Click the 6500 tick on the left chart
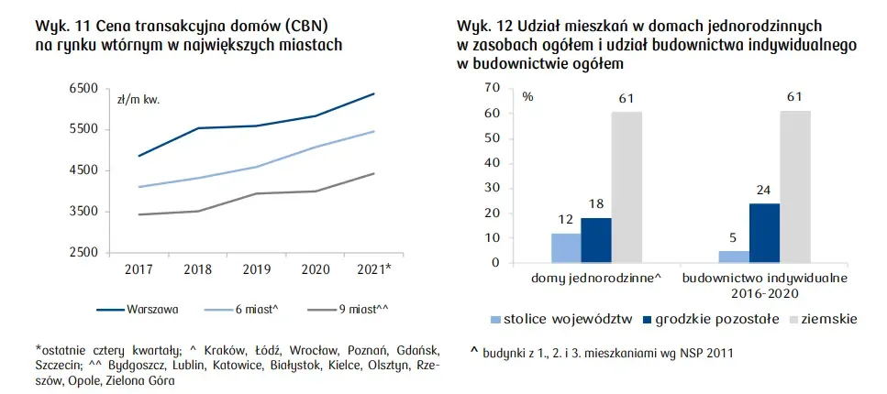point(84,89)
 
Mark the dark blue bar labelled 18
point(595,240)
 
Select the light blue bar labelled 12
point(566,247)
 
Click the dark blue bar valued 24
point(765,233)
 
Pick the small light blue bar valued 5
point(734,257)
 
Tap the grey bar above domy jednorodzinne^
point(626,187)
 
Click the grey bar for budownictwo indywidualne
point(795,187)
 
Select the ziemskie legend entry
point(828,320)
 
